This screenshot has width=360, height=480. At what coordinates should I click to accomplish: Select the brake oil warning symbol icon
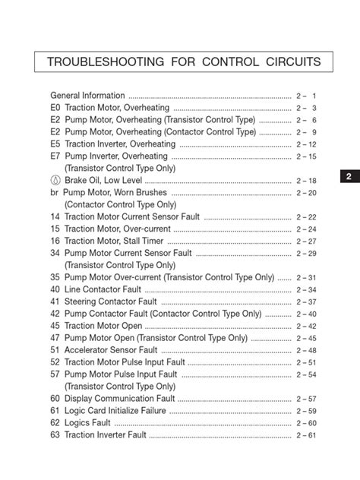[55, 180]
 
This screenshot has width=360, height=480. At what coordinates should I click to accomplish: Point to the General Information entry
[87, 96]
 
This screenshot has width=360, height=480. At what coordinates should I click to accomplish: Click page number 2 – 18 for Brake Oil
[306, 181]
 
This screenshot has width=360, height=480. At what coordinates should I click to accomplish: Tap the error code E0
[55, 108]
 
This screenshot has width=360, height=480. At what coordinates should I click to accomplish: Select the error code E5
[55, 144]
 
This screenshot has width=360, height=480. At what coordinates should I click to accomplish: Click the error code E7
[55, 156]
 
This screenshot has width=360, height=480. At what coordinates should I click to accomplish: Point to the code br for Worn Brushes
[54, 192]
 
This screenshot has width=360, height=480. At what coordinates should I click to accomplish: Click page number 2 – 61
[306, 435]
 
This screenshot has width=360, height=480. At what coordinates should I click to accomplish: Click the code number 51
[55, 350]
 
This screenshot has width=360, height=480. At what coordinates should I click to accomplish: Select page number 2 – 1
[306, 96]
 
